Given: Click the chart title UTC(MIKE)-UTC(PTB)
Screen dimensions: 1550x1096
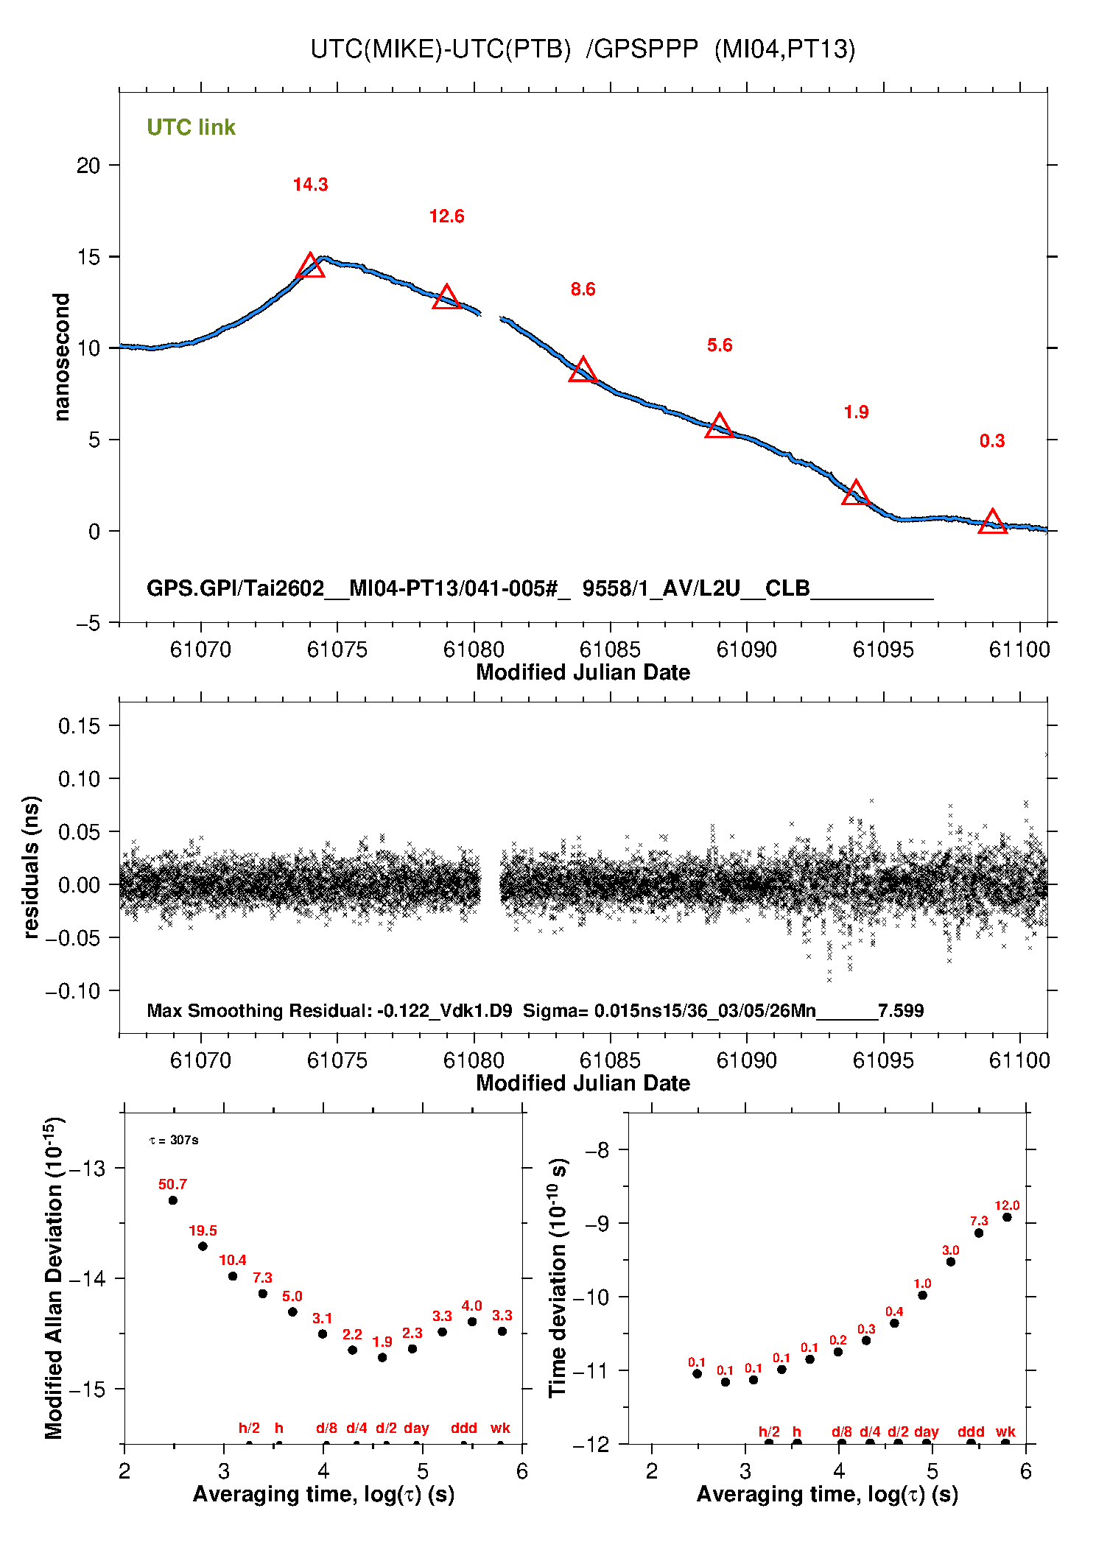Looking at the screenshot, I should (x=440, y=49).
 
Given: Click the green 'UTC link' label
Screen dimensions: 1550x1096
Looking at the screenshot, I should (x=191, y=127).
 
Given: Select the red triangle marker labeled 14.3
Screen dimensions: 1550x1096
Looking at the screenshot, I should (x=310, y=266).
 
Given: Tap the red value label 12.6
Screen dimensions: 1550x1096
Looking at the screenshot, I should (x=446, y=216).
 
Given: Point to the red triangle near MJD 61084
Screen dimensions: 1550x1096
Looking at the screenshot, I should (x=583, y=370).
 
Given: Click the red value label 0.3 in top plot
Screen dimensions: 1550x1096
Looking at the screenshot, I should (x=991, y=441).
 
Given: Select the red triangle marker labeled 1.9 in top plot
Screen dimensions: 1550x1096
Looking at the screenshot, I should (x=855, y=493).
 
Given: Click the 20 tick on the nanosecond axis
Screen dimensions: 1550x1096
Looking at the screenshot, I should (x=88, y=166).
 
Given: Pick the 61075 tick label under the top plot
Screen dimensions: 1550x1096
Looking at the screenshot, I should (x=337, y=649).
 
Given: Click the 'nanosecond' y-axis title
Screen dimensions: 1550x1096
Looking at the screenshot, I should (x=62, y=357).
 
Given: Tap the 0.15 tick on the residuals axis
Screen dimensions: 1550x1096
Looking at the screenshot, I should (x=79, y=726).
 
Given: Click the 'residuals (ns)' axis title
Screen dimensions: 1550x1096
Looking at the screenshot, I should (x=31, y=867).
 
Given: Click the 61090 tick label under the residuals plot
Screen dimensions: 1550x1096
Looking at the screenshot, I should (x=746, y=1060).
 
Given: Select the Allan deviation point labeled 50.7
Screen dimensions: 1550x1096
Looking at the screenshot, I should (x=173, y=1200).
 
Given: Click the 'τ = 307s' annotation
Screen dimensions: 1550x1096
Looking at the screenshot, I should (x=174, y=1141).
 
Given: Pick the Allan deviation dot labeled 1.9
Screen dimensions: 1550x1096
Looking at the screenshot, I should (x=382, y=1357).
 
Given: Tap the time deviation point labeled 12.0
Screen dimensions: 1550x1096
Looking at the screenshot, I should (x=1007, y=1217).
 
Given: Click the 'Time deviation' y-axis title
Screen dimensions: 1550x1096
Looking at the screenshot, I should (x=558, y=1278).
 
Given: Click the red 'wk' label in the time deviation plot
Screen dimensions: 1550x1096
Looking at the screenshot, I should (x=1005, y=1431).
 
